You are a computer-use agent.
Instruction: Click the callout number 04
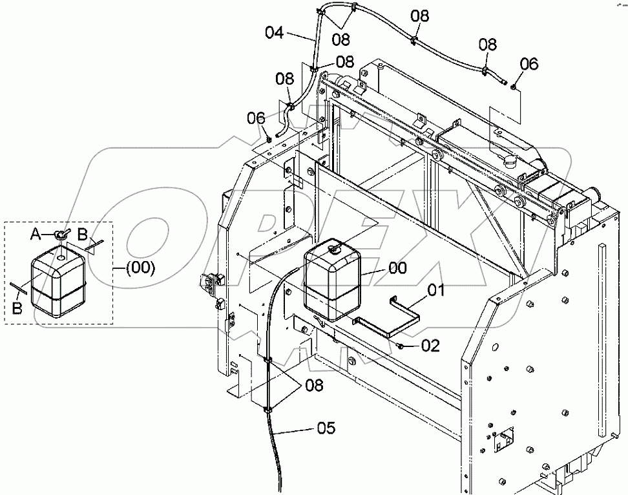(x=275, y=32)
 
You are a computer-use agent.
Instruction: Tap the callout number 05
(x=326, y=428)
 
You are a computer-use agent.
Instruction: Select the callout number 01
(x=435, y=290)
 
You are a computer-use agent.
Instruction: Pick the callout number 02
(x=430, y=346)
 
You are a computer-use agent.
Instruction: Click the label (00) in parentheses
(x=140, y=268)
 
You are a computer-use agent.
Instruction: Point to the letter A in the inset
(x=36, y=235)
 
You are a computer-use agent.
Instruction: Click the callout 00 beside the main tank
(x=398, y=268)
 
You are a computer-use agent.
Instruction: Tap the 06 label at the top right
(x=529, y=64)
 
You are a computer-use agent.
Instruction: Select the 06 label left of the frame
(x=256, y=118)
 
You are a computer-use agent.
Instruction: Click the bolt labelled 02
(x=400, y=345)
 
